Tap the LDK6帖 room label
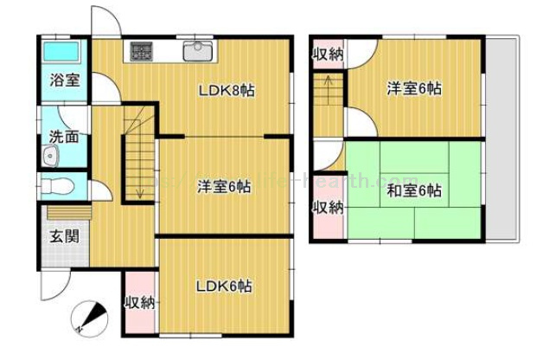tap(223, 286)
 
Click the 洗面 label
tap(64, 136)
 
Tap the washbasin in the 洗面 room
tap(50, 157)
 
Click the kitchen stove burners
tap(141, 51)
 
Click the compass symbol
tap(86, 318)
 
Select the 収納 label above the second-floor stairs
tap(328, 56)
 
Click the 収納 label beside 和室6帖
tap(328, 207)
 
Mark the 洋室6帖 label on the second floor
tap(414, 88)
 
